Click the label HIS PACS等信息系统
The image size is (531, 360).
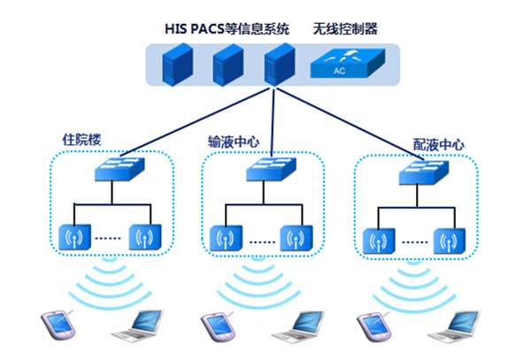pos(228,28)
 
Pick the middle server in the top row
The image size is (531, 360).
pos(227,65)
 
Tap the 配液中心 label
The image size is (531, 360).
pos(438,143)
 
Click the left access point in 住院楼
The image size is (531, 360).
pos(73,237)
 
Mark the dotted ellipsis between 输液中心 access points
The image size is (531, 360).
pos(260,240)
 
